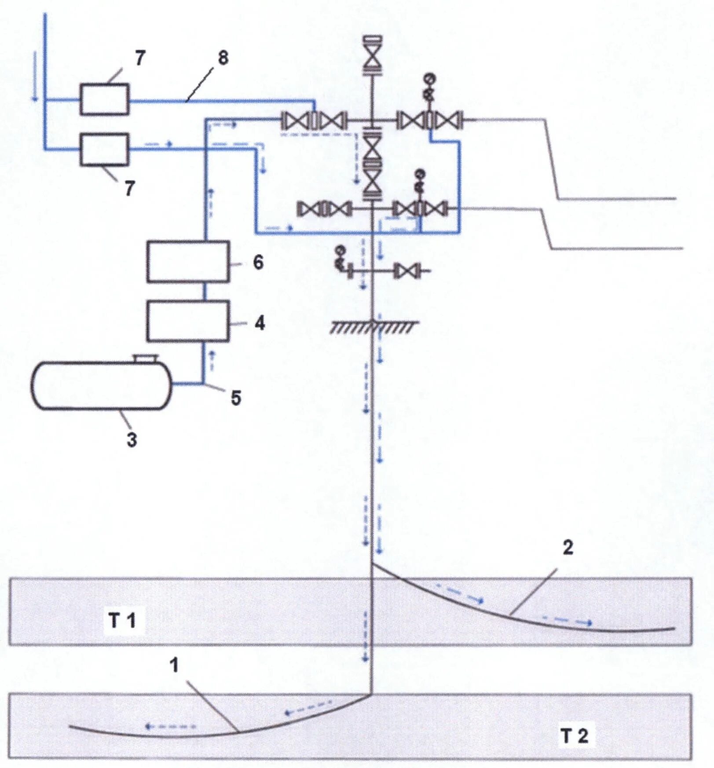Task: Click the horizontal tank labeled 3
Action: [101, 386]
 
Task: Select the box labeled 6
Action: [188, 262]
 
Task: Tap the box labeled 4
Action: [188, 321]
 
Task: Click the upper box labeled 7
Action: [104, 99]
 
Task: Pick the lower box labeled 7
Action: [104, 150]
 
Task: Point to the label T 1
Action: [122, 621]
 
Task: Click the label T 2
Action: [575, 735]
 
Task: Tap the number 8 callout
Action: [223, 58]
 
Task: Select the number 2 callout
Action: [568, 548]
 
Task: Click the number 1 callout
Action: [175, 665]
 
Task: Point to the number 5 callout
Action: [236, 398]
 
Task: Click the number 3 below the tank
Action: [132, 439]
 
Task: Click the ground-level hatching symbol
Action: [374, 327]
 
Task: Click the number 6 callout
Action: [258, 263]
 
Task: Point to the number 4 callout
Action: [260, 323]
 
